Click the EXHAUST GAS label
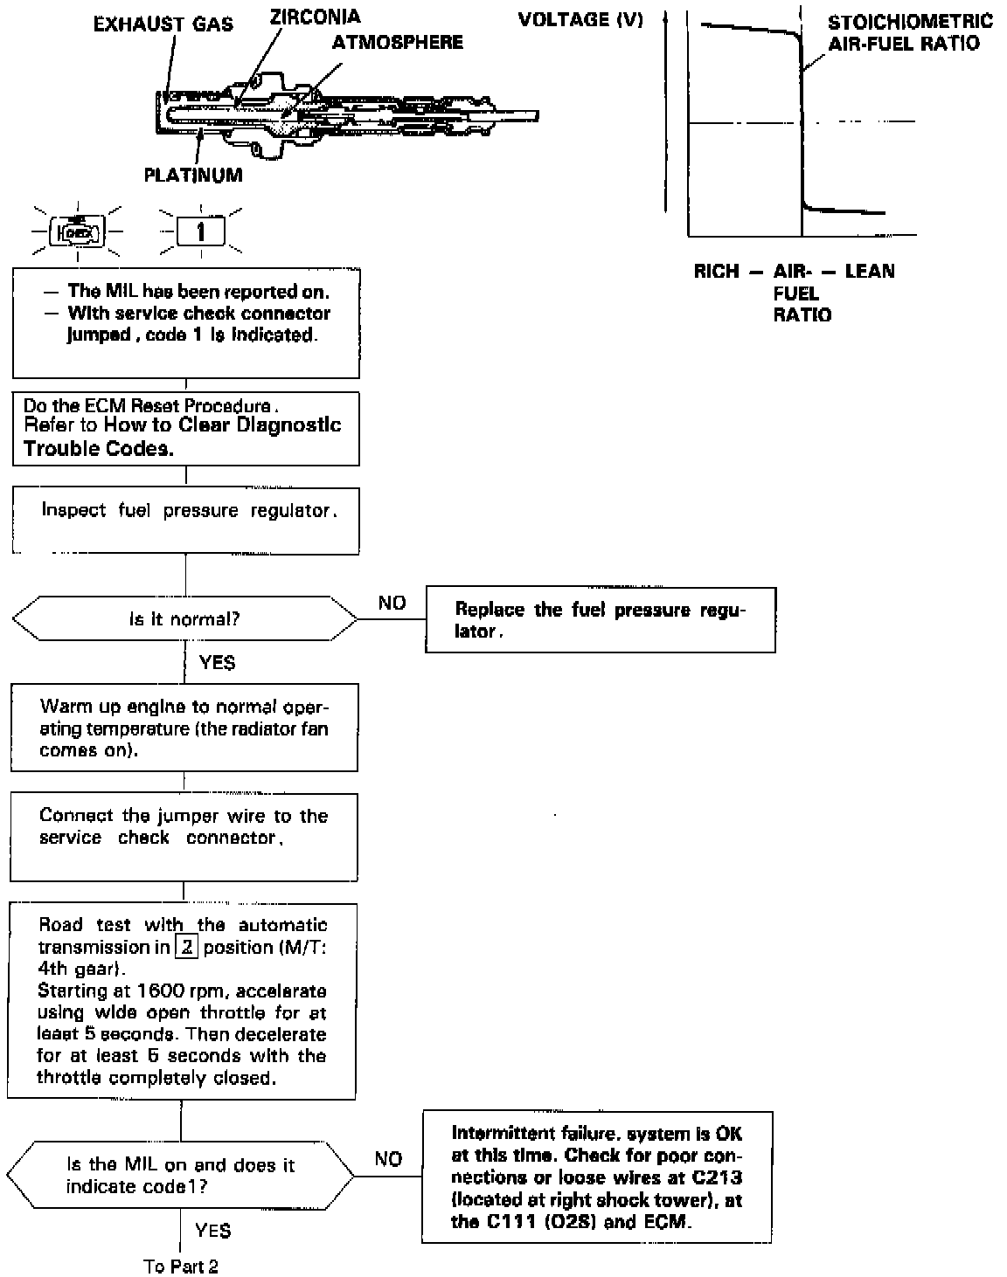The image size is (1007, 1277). (163, 24)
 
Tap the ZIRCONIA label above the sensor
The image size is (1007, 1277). (315, 17)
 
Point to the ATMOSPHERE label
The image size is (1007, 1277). (398, 42)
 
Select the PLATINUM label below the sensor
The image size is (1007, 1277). (193, 175)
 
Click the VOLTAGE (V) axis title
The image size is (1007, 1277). (580, 20)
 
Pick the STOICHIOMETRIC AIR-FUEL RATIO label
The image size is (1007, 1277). (910, 32)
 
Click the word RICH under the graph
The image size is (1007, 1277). (716, 272)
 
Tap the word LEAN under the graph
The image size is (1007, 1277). (870, 272)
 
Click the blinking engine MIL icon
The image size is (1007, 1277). (78, 232)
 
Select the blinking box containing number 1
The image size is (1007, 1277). (201, 232)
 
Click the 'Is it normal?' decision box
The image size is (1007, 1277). (184, 619)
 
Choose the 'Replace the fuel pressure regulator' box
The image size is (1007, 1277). (600, 620)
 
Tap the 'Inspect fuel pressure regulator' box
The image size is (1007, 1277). (185, 521)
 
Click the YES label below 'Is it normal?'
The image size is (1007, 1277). (217, 663)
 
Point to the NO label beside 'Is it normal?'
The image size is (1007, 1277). (392, 603)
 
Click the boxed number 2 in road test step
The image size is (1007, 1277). (185, 947)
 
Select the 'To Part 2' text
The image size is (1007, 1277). (181, 1267)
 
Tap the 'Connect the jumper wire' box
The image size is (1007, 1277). (184, 836)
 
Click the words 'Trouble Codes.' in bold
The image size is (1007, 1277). (98, 448)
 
